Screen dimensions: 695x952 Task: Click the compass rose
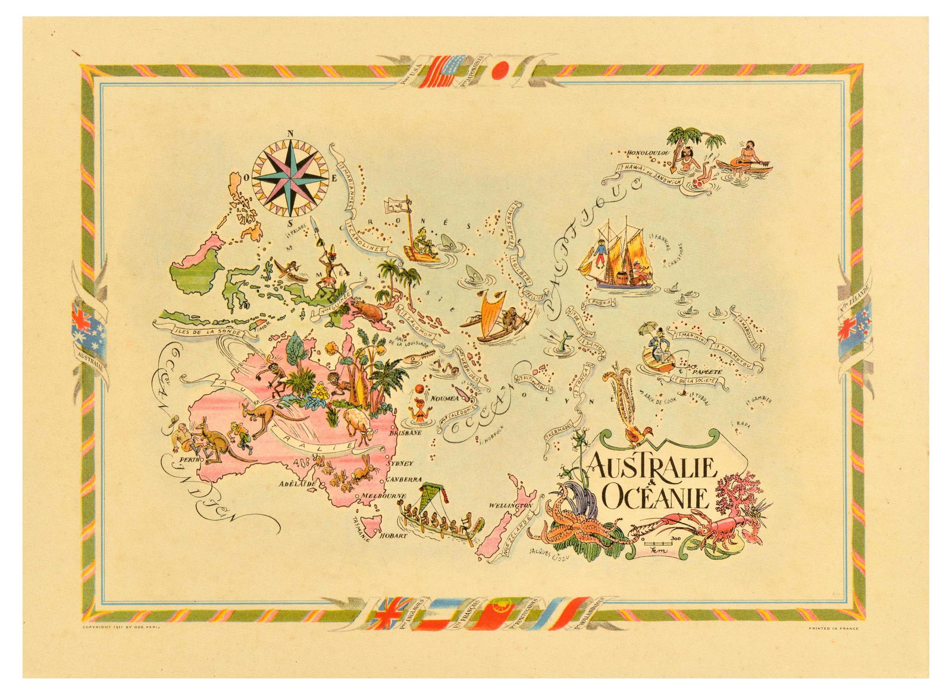[x=290, y=177]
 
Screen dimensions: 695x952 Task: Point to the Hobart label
[x=394, y=535]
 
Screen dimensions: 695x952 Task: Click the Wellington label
[x=509, y=506]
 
